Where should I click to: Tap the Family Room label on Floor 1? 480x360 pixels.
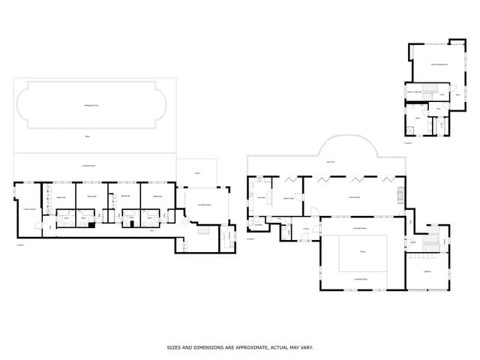pyautogui.click(x=29, y=209)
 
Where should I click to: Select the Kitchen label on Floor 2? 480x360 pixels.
pyautogui.click(x=261, y=198)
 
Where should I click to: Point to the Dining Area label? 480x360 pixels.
pyautogui.click(x=287, y=198)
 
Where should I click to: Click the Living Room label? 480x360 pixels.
pyautogui.click(x=354, y=198)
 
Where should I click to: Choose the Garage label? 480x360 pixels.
pyautogui.click(x=427, y=271)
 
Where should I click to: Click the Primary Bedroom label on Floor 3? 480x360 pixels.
pyautogui.click(x=439, y=65)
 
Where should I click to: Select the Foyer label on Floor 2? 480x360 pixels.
pyautogui.click(x=306, y=228)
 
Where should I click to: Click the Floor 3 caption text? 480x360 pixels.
pyautogui.click(x=408, y=142)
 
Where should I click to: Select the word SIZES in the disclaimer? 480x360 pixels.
pyautogui.click(x=174, y=348)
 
